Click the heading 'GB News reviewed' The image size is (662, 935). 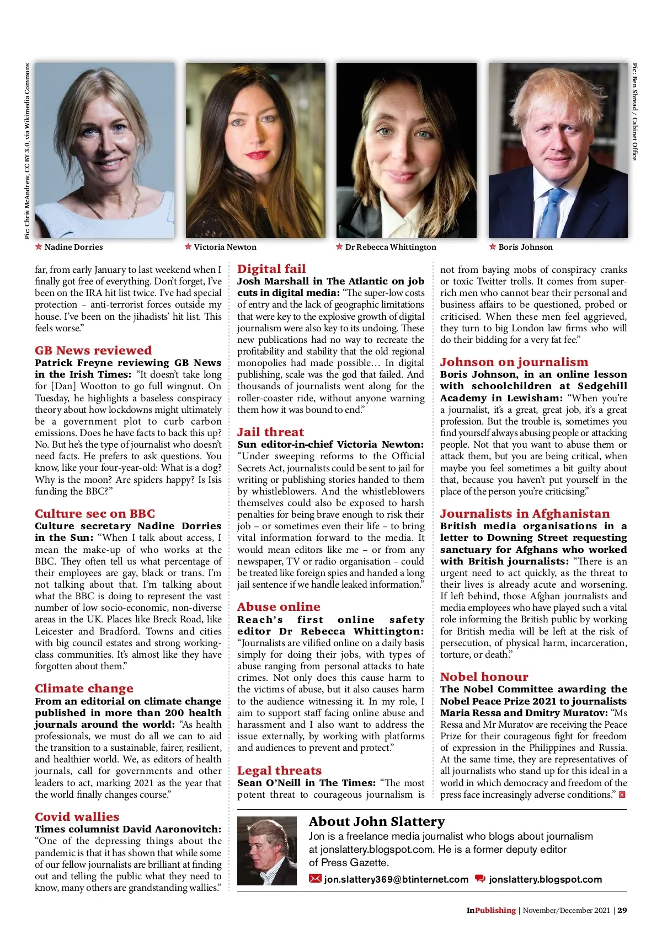93,351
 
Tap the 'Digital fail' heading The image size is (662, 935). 271,269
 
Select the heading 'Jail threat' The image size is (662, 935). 270,432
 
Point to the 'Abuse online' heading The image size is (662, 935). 279,607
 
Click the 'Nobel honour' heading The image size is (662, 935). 484,677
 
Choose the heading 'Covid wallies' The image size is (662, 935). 77,817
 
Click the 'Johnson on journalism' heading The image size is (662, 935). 514,362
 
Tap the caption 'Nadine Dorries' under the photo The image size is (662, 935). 73,247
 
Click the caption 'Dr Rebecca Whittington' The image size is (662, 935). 391,247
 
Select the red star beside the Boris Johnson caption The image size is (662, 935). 493,246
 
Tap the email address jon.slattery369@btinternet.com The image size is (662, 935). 396,879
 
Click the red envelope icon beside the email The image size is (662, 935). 315,879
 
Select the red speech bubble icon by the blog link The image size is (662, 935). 480,879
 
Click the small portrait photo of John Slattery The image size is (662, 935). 266,851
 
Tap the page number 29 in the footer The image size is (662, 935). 622,910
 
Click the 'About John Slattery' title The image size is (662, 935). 377,821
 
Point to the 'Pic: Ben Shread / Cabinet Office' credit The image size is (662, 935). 635,111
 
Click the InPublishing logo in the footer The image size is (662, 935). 491,910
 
